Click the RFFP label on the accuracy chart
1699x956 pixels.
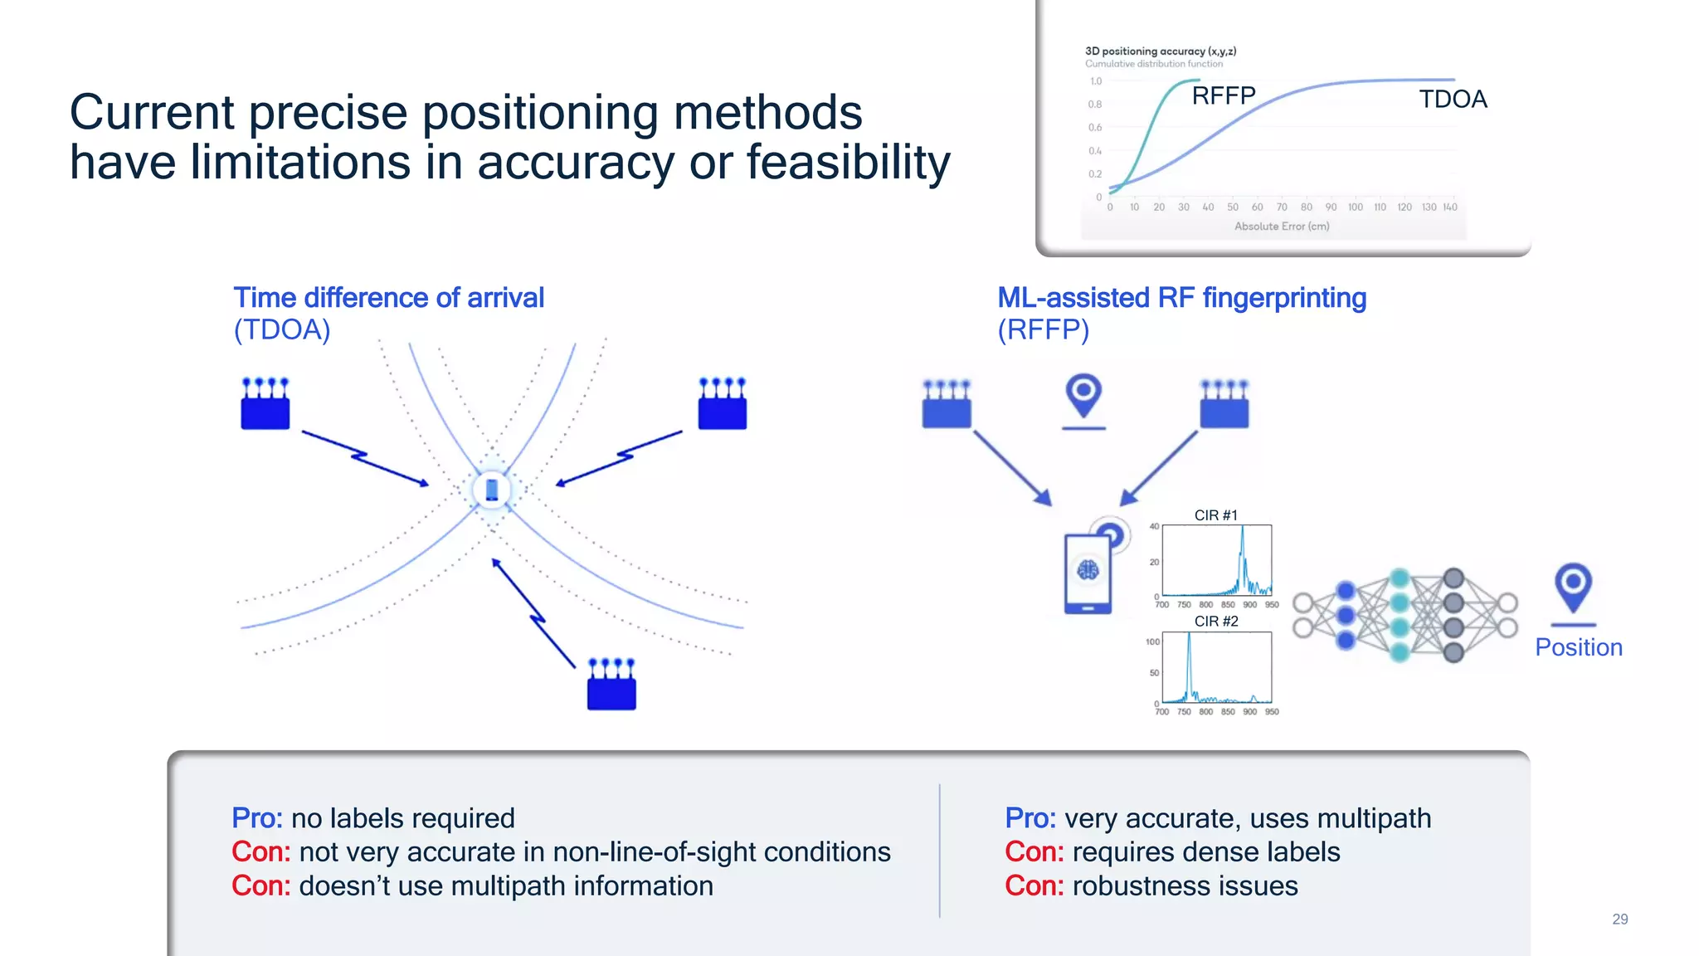pyautogui.click(x=1224, y=96)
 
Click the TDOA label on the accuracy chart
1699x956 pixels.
pyautogui.click(x=1453, y=100)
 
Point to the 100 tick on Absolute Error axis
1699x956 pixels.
pyautogui.click(x=1355, y=207)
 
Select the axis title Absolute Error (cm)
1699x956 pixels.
pyautogui.click(x=1281, y=227)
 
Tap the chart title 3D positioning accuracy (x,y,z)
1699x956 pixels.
pyautogui.click(x=1160, y=51)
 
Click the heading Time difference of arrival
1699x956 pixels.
pyautogui.click(x=388, y=298)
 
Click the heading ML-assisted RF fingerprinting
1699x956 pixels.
pyautogui.click(x=1181, y=298)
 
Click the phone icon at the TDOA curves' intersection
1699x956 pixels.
pyautogui.click(x=492, y=490)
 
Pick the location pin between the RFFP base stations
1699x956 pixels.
pyautogui.click(x=1083, y=397)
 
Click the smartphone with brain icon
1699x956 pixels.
pyautogui.click(x=1088, y=573)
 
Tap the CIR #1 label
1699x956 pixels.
pyautogui.click(x=1215, y=515)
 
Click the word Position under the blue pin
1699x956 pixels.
pyautogui.click(x=1578, y=647)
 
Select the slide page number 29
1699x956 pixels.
pyautogui.click(x=1619, y=919)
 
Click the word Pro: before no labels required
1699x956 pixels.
pyautogui.click(x=257, y=818)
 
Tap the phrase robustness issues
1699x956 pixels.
pyautogui.click(x=1185, y=886)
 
